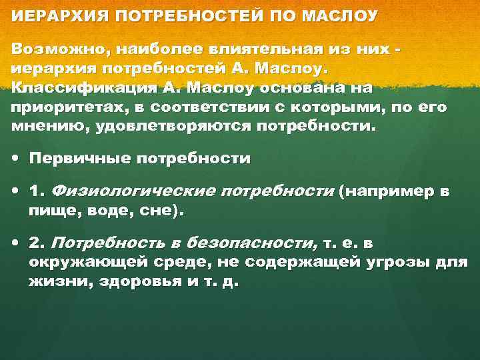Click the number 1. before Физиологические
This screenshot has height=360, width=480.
pyautogui.click(x=37, y=191)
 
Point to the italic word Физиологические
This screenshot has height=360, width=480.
pyautogui.click(x=133, y=191)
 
